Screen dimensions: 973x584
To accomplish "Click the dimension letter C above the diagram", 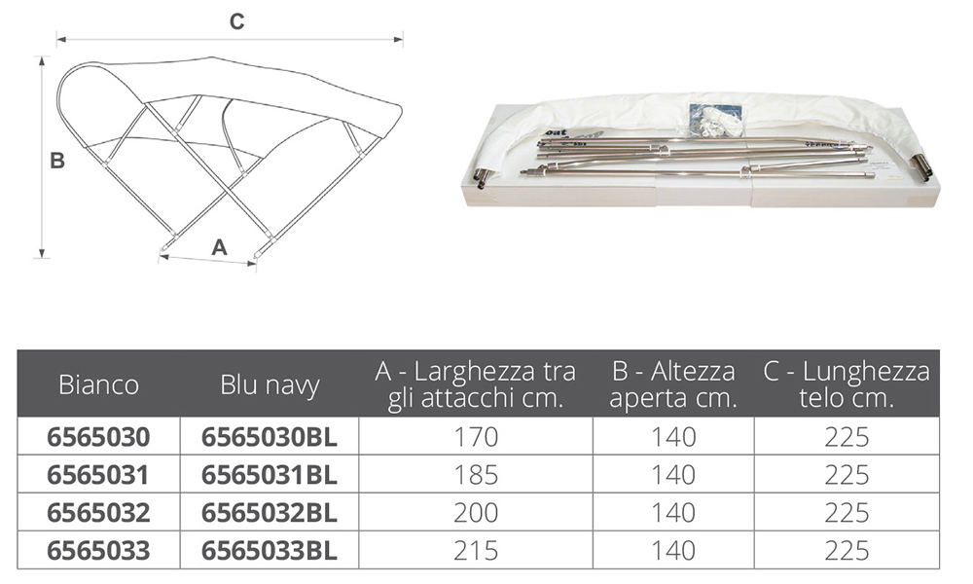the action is coord(237,21).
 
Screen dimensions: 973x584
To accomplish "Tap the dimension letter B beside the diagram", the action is coord(57,161).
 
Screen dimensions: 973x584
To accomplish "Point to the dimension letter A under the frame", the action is coord(219,247).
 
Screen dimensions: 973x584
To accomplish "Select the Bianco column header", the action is coord(98,384).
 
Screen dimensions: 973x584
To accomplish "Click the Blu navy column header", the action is coord(270,384).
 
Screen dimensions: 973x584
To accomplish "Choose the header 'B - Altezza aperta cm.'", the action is coord(673,384).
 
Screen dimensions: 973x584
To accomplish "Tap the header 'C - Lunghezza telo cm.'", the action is coord(847,384).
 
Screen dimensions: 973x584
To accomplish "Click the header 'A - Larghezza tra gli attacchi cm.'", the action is coord(476,384).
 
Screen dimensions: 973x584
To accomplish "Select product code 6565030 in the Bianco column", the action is coord(98,437).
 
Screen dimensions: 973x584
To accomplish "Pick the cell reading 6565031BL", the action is coord(270,475).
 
